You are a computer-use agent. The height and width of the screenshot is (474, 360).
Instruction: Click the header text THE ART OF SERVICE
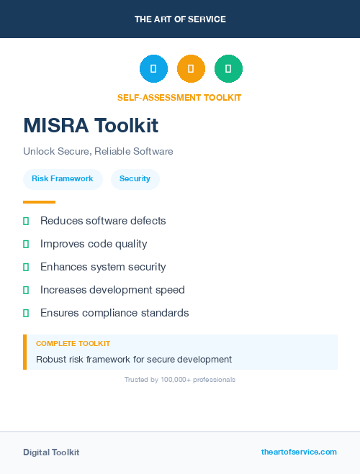[x=180, y=19]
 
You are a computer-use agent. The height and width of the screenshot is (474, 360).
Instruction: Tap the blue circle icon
[x=153, y=68]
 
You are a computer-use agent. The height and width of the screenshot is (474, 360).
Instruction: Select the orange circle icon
[x=191, y=68]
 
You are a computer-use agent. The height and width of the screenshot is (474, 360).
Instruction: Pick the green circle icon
[x=228, y=68]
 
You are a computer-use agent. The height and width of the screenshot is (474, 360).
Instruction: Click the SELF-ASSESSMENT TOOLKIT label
[x=179, y=98]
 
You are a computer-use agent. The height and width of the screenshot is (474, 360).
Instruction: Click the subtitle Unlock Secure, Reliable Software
[x=98, y=152]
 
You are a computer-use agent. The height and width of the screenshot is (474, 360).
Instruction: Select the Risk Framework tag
[x=62, y=178]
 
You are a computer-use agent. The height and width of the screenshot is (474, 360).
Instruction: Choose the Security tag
[x=135, y=178]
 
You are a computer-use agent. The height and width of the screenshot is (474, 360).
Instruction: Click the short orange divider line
[x=39, y=202]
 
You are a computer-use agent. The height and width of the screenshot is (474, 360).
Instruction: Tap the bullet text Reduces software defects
[x=103, y=221]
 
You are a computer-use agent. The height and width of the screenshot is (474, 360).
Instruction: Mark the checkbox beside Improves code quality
[x=26, y=244]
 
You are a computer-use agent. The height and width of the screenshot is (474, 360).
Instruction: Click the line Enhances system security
[x=103, y=267]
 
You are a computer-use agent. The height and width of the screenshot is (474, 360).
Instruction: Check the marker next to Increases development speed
[x=26, y=290]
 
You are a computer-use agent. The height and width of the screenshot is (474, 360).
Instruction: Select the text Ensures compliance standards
[x=114, y=313]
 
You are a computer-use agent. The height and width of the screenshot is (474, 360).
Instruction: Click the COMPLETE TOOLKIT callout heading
[x=73, y=344]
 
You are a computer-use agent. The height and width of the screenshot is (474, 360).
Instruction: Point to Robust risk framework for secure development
[x=134, y=359]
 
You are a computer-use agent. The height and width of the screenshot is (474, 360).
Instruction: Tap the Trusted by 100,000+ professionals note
[x=179, y=379]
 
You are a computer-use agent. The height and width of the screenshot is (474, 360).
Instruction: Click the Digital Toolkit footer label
[x=51, y=452]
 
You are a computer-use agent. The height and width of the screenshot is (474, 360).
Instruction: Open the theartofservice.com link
[x=299, y=452]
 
